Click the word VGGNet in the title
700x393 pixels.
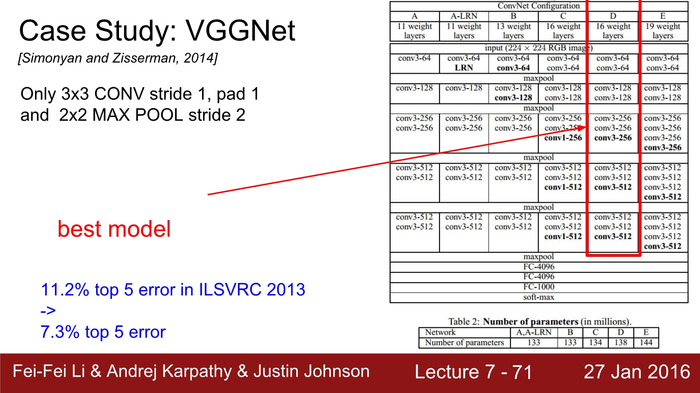point(240,31)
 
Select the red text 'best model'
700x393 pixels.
point(114,229)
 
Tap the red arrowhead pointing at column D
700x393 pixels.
point(582,128)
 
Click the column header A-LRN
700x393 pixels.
point(464,16)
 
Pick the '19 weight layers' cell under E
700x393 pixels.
point(663,31)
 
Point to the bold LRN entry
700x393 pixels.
point(464,68)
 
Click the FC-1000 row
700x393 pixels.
point(539,287)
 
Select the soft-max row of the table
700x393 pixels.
point(539,297)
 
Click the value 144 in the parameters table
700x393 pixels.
point(645,343)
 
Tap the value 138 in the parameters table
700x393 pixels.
point(621,343)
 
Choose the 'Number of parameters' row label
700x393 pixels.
point(464,343)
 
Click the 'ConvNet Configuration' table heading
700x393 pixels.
point(539,6)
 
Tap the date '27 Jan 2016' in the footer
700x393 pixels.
point(637,372)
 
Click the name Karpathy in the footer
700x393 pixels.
point(197,372)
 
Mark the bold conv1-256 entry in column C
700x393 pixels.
point(563,138)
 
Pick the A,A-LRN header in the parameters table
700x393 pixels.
point(534,332)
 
